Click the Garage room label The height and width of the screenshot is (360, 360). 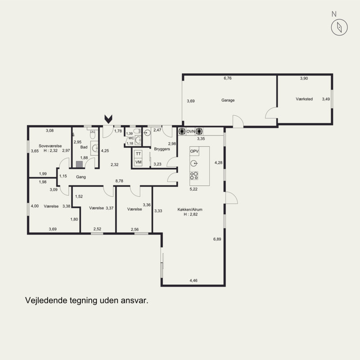click(228, 100)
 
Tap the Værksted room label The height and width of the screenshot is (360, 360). click(304, 99)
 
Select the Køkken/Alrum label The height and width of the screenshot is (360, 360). click(190, 209)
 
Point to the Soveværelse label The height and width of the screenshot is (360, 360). click(50, 146)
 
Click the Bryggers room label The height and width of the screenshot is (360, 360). click(162, 149)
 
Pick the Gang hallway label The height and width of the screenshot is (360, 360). click(81, 177)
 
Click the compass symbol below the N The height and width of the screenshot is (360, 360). click(339, 27)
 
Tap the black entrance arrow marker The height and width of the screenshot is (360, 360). click(108, 119)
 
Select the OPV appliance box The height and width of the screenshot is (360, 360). click(194, 151)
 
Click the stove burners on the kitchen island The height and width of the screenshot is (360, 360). click(194, 175)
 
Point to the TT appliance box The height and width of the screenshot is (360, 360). click(138, 154)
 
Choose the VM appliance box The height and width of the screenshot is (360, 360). click(138, 162)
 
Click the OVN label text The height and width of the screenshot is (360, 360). click(190, 131)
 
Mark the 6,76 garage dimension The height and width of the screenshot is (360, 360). click(228, 78)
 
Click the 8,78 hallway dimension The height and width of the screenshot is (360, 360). click(119, 181)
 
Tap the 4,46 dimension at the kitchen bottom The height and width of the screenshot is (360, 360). click(193, 280)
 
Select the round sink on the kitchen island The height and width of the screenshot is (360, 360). click(194, 163)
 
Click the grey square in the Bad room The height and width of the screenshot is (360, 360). click(79, 164)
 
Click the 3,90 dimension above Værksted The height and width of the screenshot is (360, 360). click(304, 78)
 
